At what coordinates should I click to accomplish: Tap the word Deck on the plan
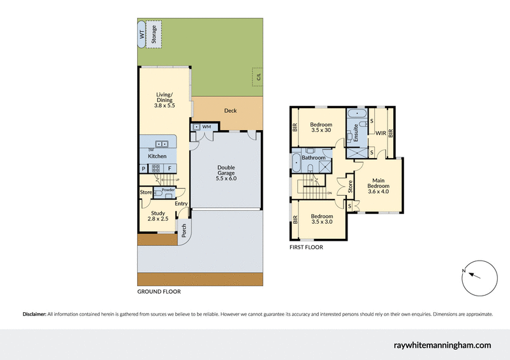(x=230, y=111)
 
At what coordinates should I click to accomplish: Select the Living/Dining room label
(x=164, y=100)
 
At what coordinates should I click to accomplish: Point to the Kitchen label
(x=157, y=156)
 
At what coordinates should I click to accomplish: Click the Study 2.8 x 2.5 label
(x=158, y=216)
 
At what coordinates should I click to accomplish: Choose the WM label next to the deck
(x=207, y=127)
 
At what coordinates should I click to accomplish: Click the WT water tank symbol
(x=142, y=34)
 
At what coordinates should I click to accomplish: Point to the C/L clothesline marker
(x=259, y=78)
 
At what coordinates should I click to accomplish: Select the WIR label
(x=381, y=133)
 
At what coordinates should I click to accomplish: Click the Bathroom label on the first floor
(x=314, y=157)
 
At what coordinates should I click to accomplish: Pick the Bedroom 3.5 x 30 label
(x=321, y=127)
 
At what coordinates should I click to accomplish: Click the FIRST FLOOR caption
(x=306, y=247)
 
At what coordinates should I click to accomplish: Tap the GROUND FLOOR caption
(x=159, y=292)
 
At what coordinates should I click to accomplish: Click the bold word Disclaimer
(x=34, y=314)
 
